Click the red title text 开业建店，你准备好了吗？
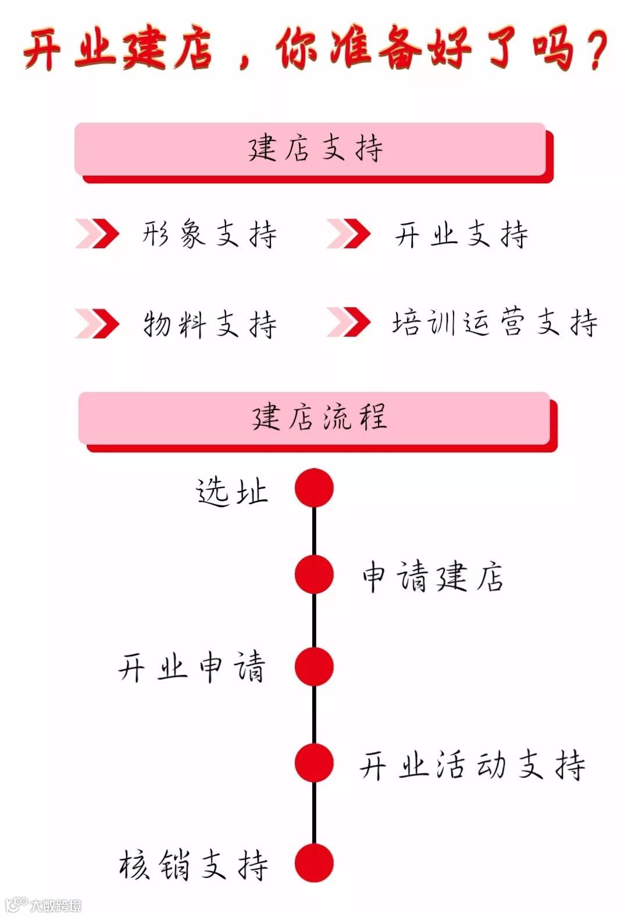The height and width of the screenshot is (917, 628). (x=315, y=49)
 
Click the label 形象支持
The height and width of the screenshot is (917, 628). (x=209, y=234)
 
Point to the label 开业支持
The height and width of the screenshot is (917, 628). (x=461, y=234)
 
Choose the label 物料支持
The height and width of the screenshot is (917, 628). (x=209, y=323)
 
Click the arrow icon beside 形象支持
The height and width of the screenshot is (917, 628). (x=97, y=234)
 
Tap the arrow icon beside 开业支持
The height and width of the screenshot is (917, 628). (x=348, y=234)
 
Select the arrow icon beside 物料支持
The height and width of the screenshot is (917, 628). (x=97, y=323)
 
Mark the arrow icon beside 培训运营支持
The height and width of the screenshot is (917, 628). (x=348, y=323)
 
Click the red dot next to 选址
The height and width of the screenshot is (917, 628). (x=314, y=488)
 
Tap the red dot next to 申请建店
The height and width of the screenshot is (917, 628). (x=314, y=575)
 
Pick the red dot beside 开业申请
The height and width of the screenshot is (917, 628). (x=314, y=666)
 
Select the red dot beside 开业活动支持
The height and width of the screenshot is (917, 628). (x=314, y=763)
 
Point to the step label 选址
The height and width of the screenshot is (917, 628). (x=231, y=492)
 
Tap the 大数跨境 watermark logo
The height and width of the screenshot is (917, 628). (x=44, y=905)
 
